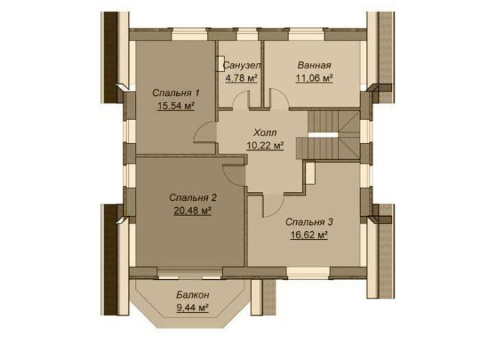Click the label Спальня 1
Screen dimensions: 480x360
point(176,93)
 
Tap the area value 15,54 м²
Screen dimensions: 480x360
point(176,106)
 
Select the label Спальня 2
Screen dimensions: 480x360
point(193,198)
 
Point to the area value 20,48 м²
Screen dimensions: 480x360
point(193,211)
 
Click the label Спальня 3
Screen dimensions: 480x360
point(309,222)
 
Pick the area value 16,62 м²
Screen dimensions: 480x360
point(309,235)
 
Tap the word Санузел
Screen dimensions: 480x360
point(241,65)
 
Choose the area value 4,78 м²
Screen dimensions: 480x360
point(241,78)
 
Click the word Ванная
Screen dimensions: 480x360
point(314,65)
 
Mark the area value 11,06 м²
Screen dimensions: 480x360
point(314,78)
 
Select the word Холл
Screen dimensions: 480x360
point(265,133)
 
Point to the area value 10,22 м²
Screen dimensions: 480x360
point(265,145)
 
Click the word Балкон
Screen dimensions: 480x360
point(193,295)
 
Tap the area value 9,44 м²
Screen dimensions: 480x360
point(193,307)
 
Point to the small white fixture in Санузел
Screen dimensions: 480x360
point(220,64)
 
